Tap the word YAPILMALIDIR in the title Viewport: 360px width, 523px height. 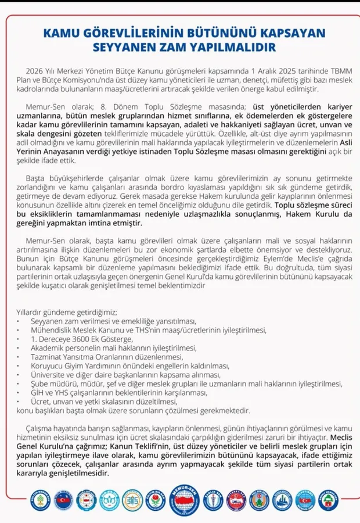tap(235, 46)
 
